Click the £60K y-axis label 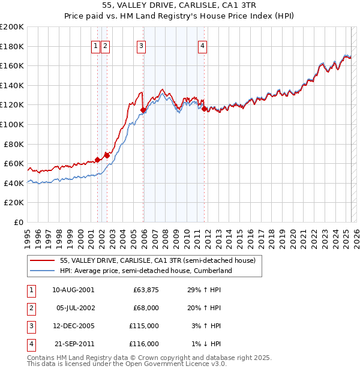pos(14,164)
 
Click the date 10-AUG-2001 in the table pos(73,290)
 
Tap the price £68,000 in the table pos(146,308)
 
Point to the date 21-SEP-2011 pos(73,344)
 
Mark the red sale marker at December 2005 pos(143,110)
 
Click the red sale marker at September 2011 pos(205,109)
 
